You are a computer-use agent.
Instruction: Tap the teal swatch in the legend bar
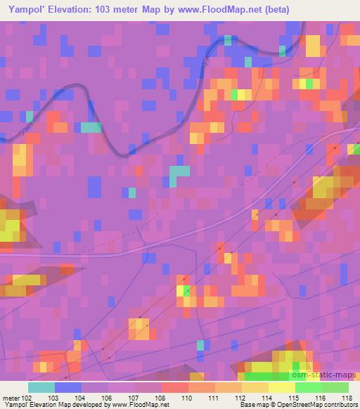point(41,387)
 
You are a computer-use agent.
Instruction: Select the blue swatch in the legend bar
point(67,387)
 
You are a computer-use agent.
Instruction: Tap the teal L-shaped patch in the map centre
point(177,175)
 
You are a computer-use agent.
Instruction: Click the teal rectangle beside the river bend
point(91,127)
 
